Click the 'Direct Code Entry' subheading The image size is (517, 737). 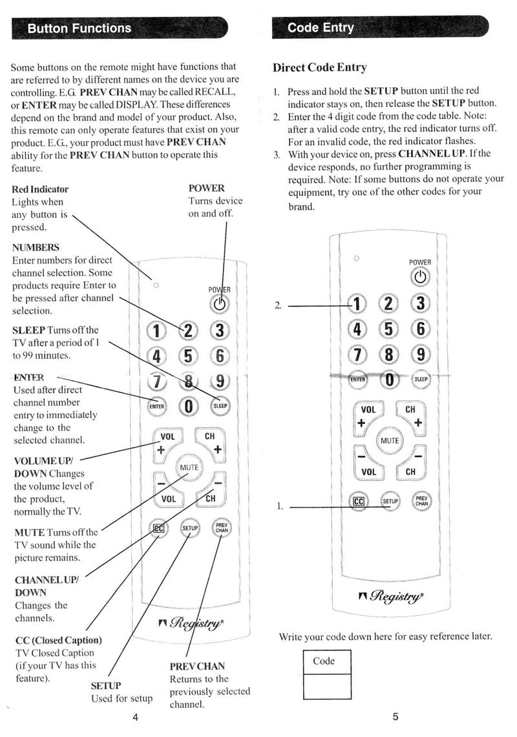319,67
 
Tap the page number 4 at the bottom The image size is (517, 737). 135,717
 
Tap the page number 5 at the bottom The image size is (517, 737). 395,716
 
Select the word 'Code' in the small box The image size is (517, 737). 323,661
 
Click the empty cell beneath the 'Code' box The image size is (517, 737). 328,686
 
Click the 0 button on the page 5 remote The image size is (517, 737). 389,379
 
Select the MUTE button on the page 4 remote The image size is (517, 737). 189,467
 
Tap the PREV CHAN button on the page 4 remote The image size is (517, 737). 221,528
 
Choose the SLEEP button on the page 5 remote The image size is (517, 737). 421,379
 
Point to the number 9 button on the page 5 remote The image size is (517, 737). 421,354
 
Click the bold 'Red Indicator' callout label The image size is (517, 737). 40,189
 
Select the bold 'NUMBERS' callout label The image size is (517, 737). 36,248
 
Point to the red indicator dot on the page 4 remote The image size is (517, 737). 155,284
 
